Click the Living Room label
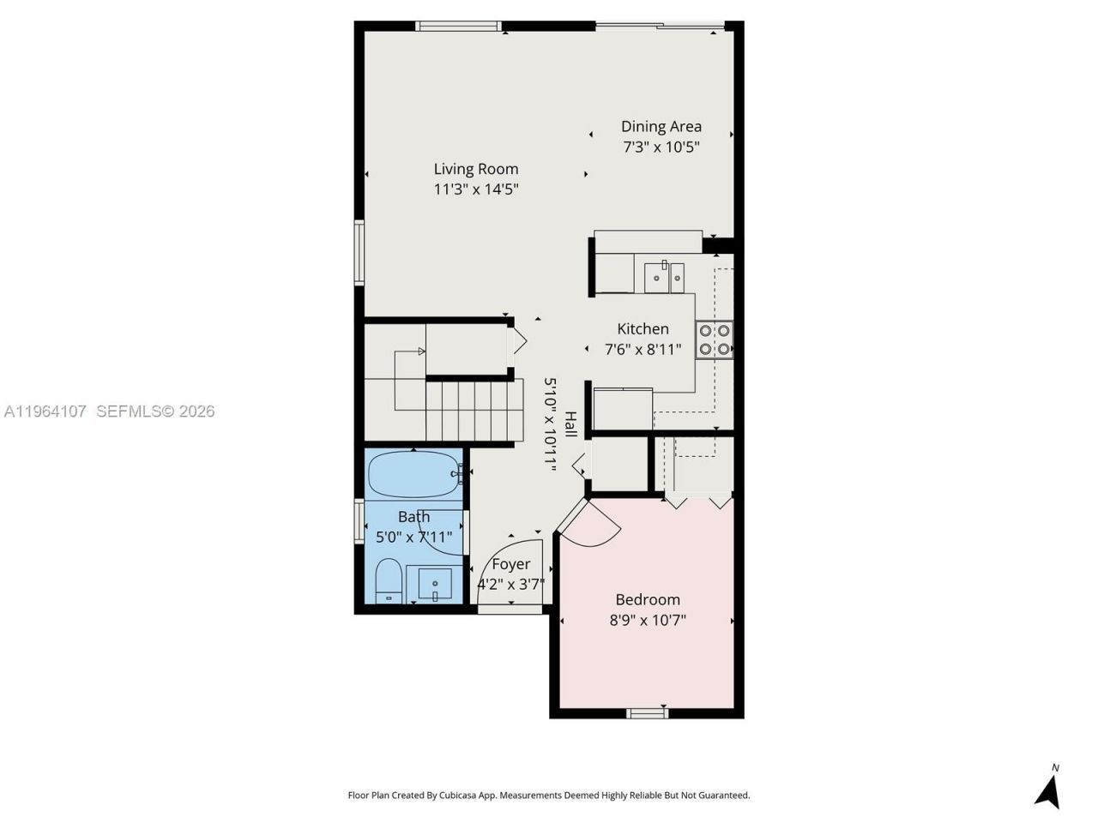pyautogui.click(x=475, y=169)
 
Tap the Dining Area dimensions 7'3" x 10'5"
pyautogui.click(x=661, y=147)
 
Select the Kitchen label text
pyautogui.click(x=643, y=328)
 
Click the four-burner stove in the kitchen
pyautogui.click(x=714, y=339)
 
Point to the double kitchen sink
pyautogui.click(x=665, y=277)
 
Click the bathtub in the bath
pyautogui.click(x=413, y=473)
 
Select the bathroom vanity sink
pyautogui.click(x=435, y=584)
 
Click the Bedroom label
pyautogui.click(x=648, y=599)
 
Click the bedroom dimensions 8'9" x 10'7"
pyautogui.click(x=648, y=620)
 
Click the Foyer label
pyautogui.click(x=510, y=564)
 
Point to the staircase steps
pyautogui.click(x=474, y=411)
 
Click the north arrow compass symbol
pyautogui.click(x=1048, y=788)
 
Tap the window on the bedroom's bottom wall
pyautogui.click(x=648, y=712)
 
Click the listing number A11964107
pyautogui.click(x=45, y=411)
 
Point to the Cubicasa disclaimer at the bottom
pyautogui.click(x=548, y=796)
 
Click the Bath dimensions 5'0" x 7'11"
pyautogui.click(x=413, y=538)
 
